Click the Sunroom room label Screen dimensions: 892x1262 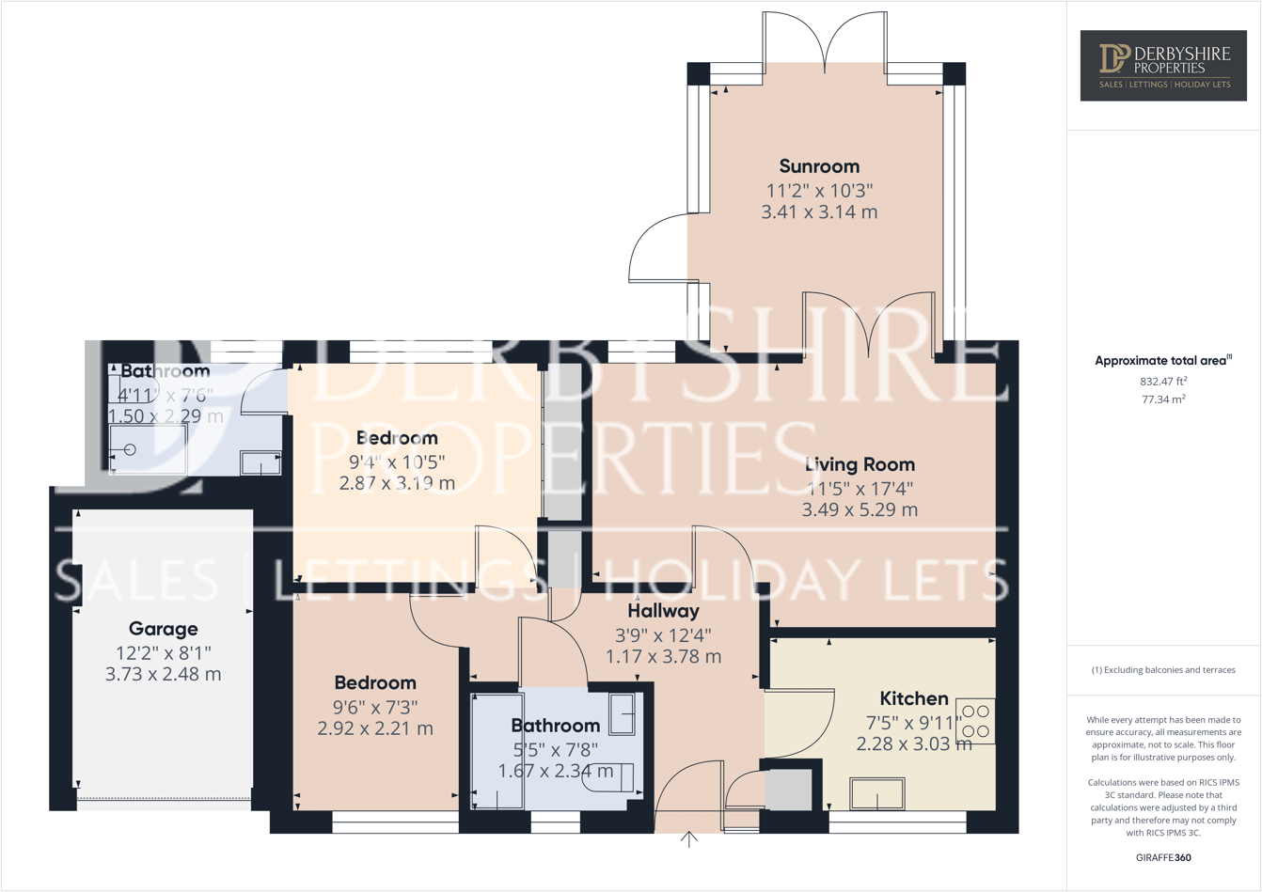coord(819,166)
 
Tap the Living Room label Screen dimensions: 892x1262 coord(860,464)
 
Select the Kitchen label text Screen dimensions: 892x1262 coord(913,698)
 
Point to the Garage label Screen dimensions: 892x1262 coord(163,629)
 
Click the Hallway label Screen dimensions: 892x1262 coord(663,611)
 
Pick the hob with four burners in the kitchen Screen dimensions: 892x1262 coord(975,721)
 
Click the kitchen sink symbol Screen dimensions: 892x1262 coord(876,793)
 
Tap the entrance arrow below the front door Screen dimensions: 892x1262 coord(689,839)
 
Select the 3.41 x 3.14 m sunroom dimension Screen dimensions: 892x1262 coord(819,212)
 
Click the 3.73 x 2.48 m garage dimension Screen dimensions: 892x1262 coord(163,674)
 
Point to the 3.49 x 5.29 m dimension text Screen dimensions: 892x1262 coord(860,509)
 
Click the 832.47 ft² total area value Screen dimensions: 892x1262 coord(1163,382)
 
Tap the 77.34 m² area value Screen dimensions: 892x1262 coord(1163,399)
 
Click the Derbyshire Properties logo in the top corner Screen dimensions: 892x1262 coord(1163,65)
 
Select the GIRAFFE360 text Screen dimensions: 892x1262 coord(1163,857)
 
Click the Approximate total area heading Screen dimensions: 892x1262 coord(1162,360)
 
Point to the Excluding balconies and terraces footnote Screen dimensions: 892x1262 coord(1163,670)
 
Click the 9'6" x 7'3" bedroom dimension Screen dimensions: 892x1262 coord(375,706)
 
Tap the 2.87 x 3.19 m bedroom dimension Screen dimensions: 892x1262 coord(397,483)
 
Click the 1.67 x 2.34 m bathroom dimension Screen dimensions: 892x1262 coord(555,771)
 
